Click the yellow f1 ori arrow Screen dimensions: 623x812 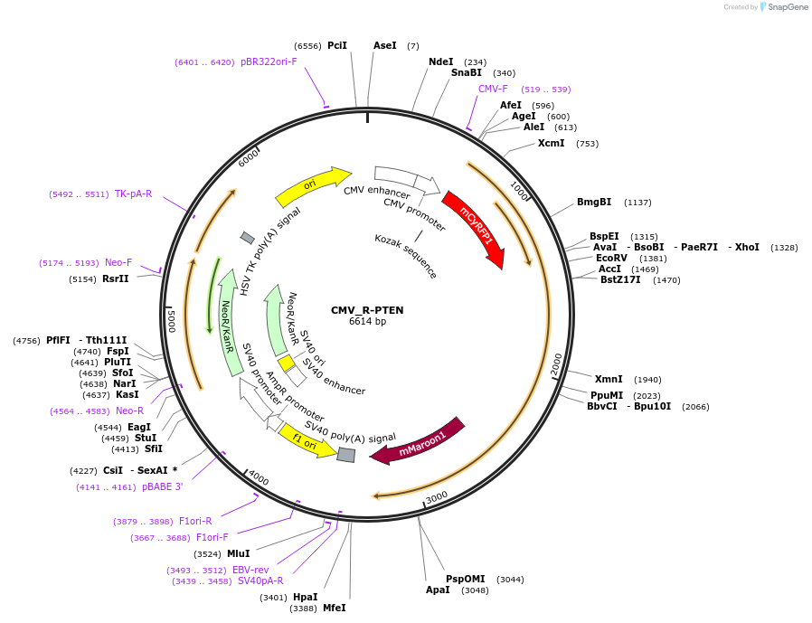point(306,440)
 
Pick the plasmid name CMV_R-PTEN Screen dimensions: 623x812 point(367,310)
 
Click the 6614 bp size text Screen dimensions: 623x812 point(367,322)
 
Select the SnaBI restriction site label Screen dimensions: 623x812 point(467,73)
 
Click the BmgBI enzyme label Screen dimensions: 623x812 point(594,202)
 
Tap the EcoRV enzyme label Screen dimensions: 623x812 point(611,258)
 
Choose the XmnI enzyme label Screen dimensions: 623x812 point(609,379)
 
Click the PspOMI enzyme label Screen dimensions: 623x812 point(465,579)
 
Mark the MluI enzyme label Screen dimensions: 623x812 point(238,553)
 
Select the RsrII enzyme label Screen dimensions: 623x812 point(116,278)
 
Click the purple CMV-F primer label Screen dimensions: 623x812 point(493,89)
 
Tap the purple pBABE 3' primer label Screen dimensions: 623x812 point(163,486)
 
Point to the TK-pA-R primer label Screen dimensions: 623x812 point(133,194)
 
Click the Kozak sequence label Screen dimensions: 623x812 point(406,256)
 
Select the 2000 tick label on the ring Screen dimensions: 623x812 point(555,363)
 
